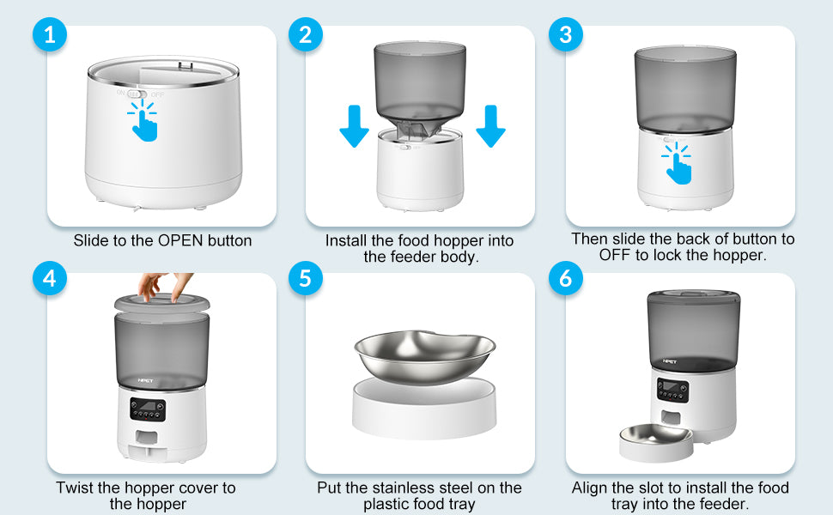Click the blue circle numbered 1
coord(50,35)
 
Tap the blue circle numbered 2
coord(306,35)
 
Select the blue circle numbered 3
coord(566,35)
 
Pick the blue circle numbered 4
coord(50,278)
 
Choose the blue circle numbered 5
coord(306,278)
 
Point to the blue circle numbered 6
coord(566,278)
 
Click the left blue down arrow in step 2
coord(354,126)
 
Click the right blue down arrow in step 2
coord(491,126)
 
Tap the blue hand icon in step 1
coord(143,121)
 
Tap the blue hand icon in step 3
coord(677,163)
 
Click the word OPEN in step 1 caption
coord(181,240)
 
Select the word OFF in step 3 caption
coord(615,256)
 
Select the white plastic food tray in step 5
coord(424,408)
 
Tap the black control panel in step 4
coord(148,409)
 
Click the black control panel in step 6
coord(672,391)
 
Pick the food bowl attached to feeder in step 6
coord(657,443)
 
